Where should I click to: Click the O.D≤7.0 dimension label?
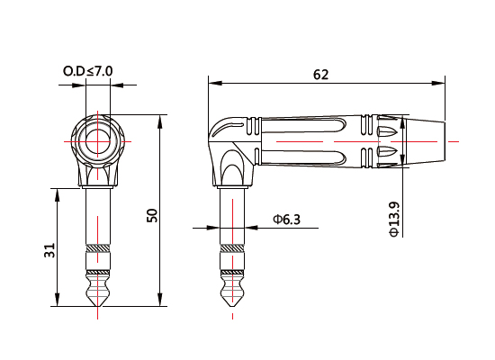(x=87, y=69)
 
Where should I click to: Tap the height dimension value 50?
(x=152, y=215)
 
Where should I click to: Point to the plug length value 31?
(x=49, y=249)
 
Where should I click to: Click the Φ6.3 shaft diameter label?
(x=287, y=220)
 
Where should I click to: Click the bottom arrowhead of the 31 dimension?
(x=58, y=303)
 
